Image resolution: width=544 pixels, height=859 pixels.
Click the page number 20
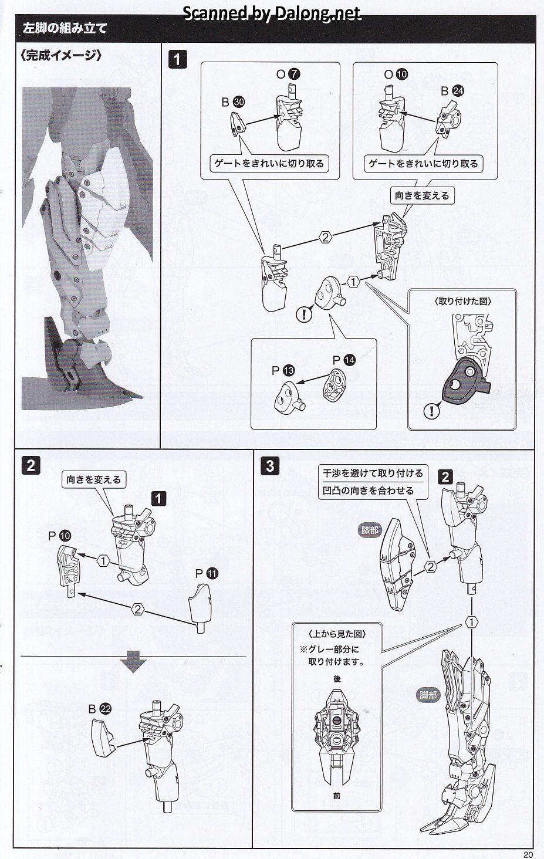coord(528,854)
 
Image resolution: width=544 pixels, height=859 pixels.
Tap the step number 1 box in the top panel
coord(177,59)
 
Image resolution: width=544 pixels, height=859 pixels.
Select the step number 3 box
coord(270,466)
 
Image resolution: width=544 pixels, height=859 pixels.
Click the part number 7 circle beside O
coord(295,74)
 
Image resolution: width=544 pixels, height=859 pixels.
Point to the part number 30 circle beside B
coord(238,102)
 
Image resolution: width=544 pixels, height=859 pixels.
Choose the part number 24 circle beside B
coord(458,91)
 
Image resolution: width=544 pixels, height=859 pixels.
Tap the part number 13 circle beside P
coord(289,370)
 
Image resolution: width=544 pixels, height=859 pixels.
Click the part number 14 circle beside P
coord(350,360)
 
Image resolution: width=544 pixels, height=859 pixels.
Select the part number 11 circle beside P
coord(212,573)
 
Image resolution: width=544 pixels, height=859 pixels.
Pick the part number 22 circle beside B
coord(106,709)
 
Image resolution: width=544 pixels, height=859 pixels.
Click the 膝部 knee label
coord(370,530)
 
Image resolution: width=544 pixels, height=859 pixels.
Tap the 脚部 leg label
coord(428,695)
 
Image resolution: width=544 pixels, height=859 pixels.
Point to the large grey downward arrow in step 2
coord(133,664)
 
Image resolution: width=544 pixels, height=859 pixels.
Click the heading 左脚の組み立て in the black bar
coord(65,28)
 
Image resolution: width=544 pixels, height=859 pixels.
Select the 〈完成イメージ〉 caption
coord(61,56)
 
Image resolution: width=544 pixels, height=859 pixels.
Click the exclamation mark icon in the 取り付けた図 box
coord(431,411)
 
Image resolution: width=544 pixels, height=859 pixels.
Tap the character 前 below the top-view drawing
coord(336,796)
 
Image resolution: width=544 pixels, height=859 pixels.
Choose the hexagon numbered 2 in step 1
coord(325,237)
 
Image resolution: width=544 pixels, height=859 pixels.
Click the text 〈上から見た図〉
coord(337,634)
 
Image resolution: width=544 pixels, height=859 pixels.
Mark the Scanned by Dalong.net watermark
coord(272,13)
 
